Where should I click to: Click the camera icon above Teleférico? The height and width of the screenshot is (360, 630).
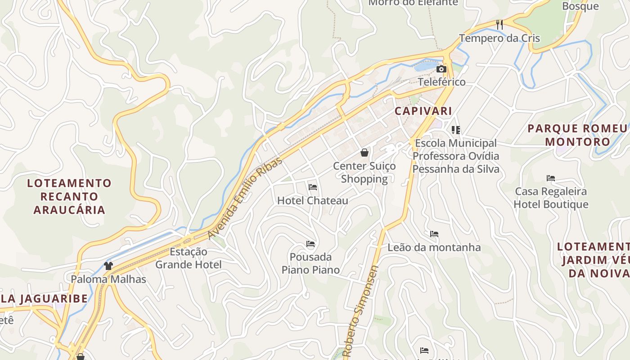coord(441,69)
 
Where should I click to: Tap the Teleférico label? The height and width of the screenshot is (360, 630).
coord(441,82)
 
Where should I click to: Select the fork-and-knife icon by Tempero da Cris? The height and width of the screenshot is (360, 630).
coord(499,24)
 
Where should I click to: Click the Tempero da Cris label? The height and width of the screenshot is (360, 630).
coord(499,38)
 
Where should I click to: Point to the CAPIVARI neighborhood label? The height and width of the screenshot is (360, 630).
coord(423,111)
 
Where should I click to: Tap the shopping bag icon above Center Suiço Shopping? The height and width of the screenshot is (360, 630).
coord(364,153)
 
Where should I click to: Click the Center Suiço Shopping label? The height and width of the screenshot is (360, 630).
coord(364,172)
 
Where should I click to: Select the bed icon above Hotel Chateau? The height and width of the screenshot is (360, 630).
coord(313,187)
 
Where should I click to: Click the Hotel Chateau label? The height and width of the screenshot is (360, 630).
coord(312,201)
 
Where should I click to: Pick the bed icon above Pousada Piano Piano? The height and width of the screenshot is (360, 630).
coord(310,244)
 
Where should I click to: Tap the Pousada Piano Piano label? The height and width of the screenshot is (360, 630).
coord(310,263)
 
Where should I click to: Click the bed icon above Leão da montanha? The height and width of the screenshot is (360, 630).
coord(434,234)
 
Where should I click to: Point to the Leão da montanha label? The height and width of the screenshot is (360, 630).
coord(434,247)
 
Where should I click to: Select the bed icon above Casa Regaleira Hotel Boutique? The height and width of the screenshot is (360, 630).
coord(551,178)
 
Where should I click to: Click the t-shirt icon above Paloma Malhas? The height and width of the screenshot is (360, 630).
coord(108,266)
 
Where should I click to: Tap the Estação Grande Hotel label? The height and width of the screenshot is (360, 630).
coord(189,258)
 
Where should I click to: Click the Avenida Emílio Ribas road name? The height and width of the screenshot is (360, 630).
coord(245,198)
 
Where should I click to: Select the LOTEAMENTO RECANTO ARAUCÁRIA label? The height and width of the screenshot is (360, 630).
coord(69,197)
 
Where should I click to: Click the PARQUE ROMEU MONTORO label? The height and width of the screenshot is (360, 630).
coord(577,135)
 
